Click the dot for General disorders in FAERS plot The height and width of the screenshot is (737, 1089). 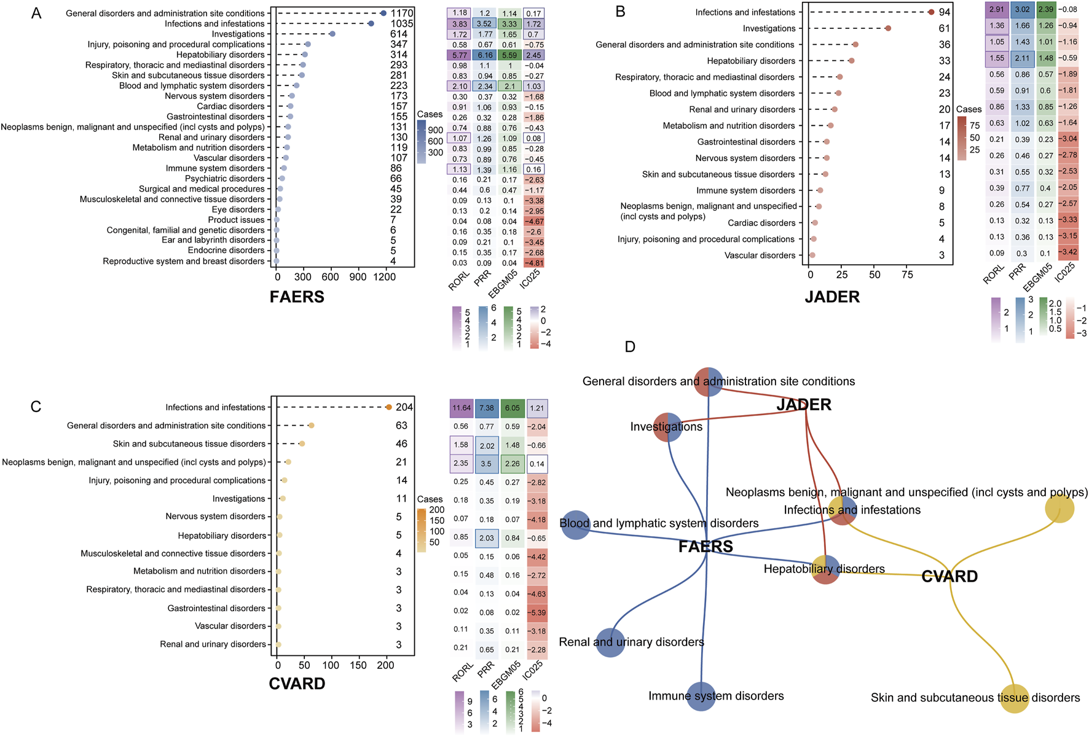[x=383, y=13]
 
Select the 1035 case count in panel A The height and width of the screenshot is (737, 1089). [x=402, y=24]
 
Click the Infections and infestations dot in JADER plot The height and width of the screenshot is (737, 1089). [x=931, y=12]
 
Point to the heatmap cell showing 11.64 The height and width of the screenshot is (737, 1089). [x=462, y=408]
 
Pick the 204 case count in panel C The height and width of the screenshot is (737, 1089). [x=404, y=407]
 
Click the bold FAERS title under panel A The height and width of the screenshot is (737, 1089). [x=297, y=297]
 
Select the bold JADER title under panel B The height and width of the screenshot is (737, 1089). [x=832, y=297]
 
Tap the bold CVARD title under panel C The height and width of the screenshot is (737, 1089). [x=297, y=684]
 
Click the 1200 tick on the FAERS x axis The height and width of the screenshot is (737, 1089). [x=385, y=277]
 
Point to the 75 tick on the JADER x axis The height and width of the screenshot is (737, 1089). [x=907, y=275]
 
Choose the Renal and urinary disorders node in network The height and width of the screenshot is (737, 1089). [x=610, y=642]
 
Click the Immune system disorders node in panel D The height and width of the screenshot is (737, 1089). [x=701, y=696]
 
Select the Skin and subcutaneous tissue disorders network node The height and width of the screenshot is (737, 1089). [x=1014, y=698]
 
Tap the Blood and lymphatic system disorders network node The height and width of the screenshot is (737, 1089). [x=576, y=524]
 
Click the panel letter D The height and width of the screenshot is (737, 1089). [x=630, y=347]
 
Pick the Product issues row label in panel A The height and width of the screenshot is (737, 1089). [x=236, y=220]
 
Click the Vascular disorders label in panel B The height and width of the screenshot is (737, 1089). [x=760, y=255]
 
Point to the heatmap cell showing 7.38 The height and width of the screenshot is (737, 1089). [x=487, y=408]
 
